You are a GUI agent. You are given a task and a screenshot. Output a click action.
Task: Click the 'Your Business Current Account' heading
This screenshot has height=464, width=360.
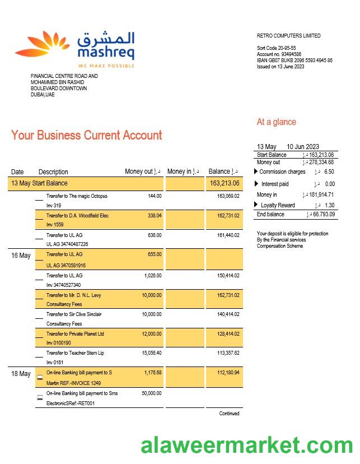[86, 135]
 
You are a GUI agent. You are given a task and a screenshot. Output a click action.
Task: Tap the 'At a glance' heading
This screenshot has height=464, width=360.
[277, 122]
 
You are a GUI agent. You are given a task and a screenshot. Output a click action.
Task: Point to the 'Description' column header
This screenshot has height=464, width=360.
[53, 172]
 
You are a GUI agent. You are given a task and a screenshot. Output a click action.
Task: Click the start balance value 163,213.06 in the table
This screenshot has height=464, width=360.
[225, 183]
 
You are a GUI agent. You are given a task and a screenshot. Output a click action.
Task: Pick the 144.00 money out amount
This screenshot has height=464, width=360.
[155, 196]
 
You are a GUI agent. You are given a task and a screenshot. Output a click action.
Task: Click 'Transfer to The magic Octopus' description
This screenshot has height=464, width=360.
[77, 196]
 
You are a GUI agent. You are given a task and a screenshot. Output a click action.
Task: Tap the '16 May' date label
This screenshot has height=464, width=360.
[21, 256]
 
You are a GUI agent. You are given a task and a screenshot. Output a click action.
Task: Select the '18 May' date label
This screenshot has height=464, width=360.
[21, 374]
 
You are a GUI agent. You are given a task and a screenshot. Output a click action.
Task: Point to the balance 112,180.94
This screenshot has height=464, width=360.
[225, 373]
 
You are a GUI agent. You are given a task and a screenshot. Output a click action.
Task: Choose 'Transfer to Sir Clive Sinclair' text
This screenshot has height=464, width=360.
[74, 314]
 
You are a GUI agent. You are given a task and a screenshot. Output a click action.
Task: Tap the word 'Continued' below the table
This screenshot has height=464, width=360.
[229, 414]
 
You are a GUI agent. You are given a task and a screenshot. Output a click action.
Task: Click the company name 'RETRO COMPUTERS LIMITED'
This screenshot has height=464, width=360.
[289, 36]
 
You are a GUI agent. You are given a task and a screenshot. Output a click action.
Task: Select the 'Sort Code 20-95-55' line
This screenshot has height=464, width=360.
[277, 48]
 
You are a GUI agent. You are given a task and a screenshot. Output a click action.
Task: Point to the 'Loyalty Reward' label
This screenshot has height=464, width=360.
[278, 206]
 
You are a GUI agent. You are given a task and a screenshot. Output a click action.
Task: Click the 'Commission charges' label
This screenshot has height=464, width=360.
[282, 172]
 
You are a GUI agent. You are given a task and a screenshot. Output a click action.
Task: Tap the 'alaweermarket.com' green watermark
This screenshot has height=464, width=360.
[246, 446]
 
